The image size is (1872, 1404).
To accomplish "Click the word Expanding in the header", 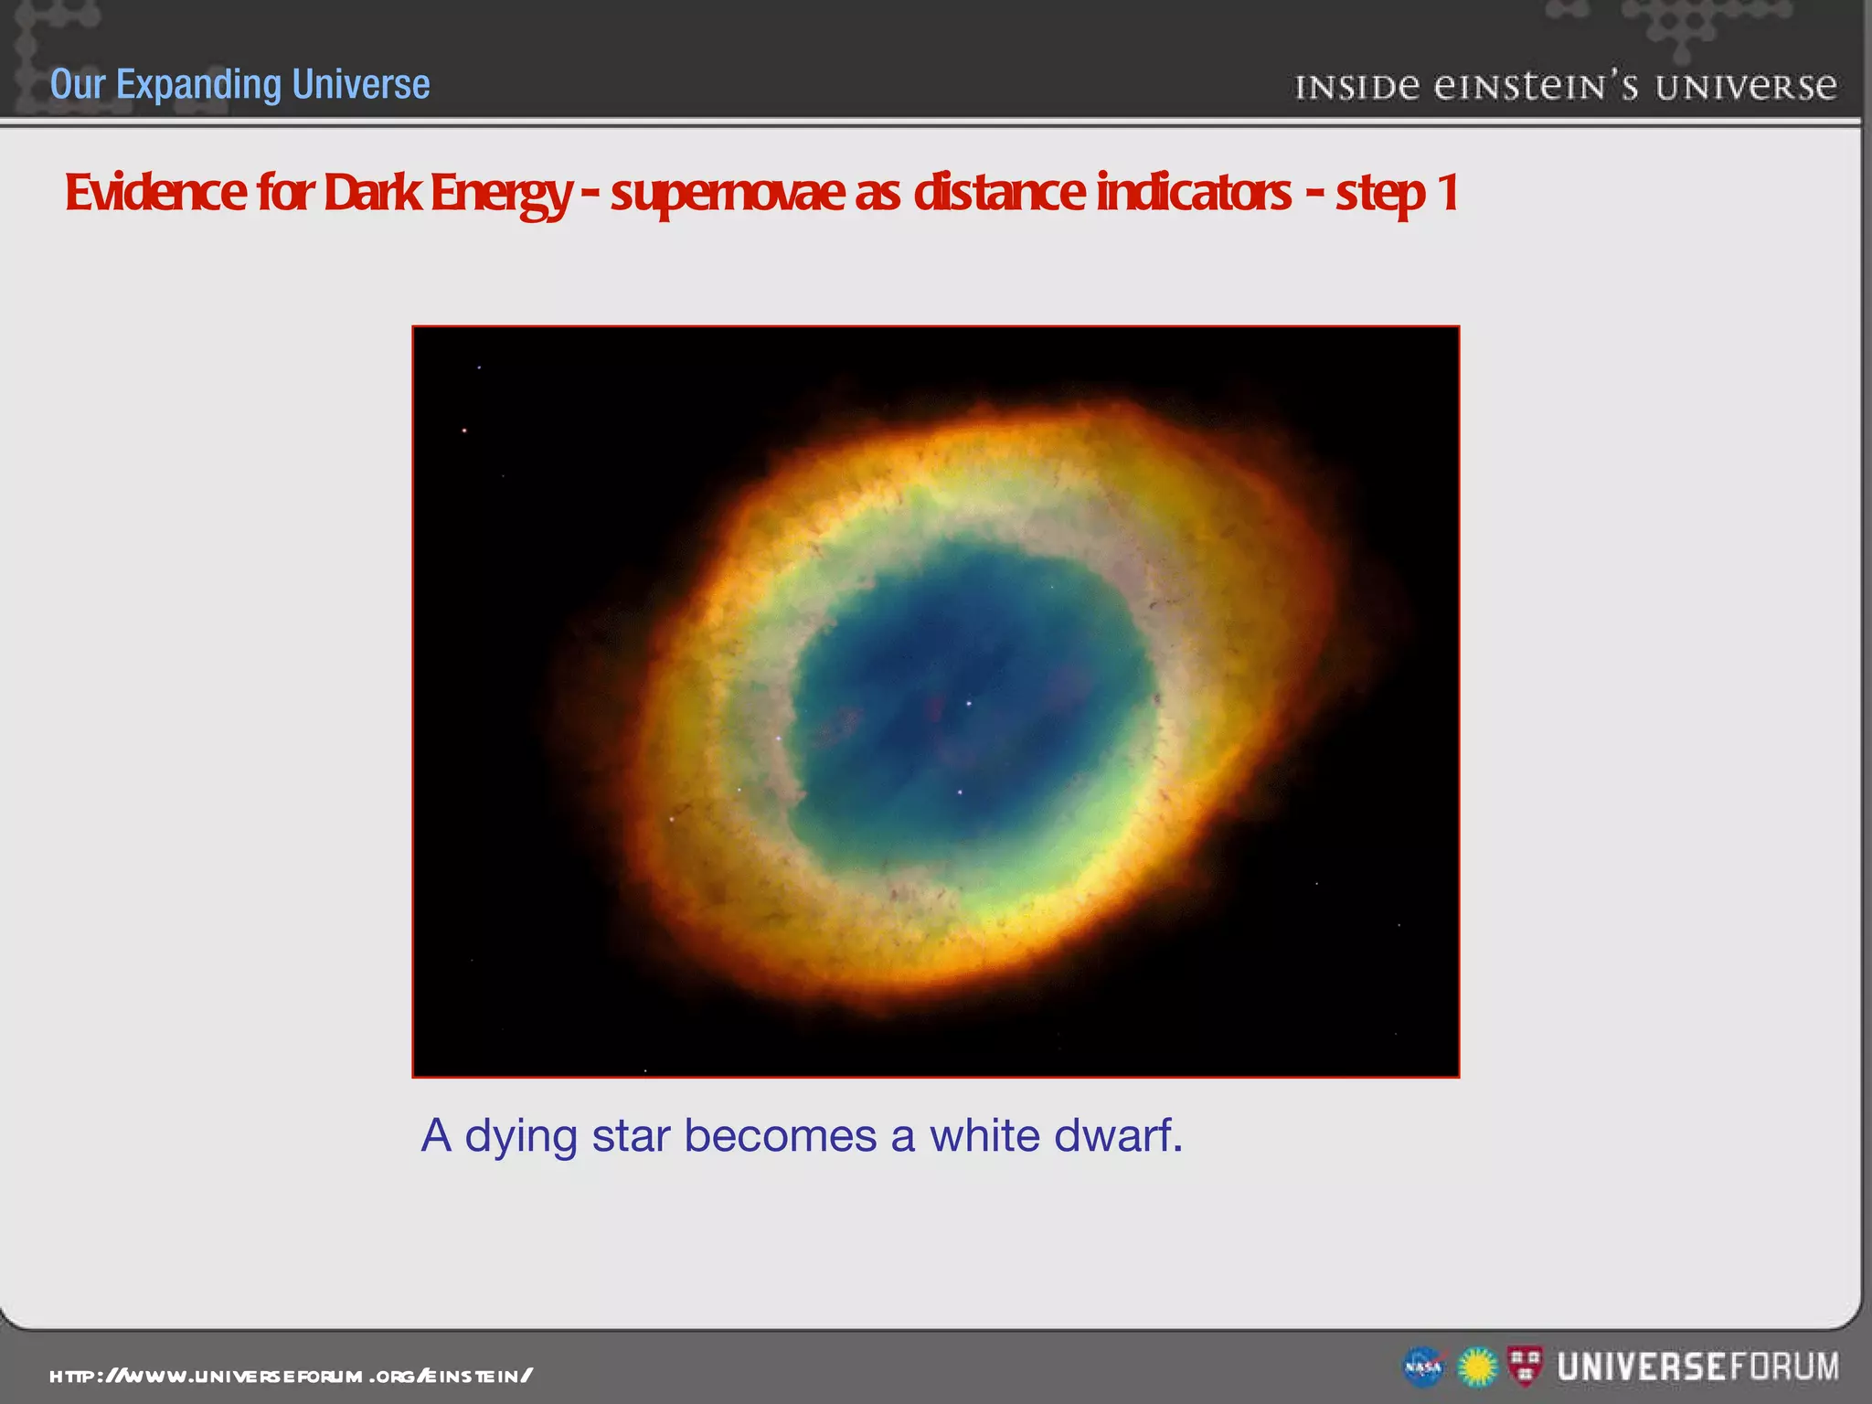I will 199,85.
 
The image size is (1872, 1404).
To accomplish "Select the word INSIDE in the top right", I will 1357,88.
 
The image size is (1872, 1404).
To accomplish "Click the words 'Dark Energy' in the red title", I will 447,193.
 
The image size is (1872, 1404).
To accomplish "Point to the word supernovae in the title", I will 728,193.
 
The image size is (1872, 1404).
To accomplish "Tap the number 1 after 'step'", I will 1446,193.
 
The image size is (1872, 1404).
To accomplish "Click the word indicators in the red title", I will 1194,193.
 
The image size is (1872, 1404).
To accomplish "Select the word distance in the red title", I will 999,193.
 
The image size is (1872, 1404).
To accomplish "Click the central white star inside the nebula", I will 969,703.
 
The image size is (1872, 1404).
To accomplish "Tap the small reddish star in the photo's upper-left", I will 464,430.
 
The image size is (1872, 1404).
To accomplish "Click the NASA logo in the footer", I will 1422,1367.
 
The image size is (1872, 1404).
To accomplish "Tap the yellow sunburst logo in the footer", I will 1475,1367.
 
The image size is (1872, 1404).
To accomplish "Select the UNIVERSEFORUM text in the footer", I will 1698,1367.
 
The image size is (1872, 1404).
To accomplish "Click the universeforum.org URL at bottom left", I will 291,1376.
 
